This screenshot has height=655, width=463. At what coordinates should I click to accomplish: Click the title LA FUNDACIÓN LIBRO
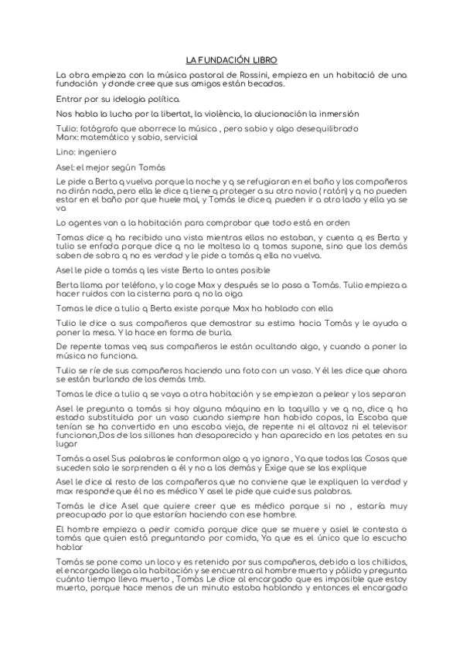tap(231, 59)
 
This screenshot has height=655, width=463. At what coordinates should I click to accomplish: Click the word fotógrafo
tap(99, 128)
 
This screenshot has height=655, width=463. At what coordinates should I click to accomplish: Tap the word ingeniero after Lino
tap(98, 152)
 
